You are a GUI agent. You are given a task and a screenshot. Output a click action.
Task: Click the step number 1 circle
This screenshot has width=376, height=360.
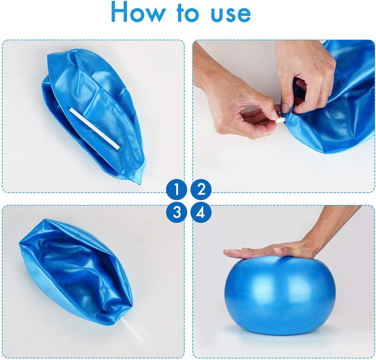pos(176,189)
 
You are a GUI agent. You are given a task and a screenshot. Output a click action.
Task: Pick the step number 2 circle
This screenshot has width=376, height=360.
pos(201,189)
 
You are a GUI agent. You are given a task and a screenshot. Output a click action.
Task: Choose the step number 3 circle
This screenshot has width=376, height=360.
pos(176,212)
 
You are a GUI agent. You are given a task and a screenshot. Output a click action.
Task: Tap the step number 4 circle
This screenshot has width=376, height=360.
pos(201,212)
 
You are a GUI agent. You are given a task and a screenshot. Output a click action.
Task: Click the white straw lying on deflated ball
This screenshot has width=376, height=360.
pos(94,129)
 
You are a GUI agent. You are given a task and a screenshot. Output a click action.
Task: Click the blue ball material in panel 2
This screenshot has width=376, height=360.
pos(339,113)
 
